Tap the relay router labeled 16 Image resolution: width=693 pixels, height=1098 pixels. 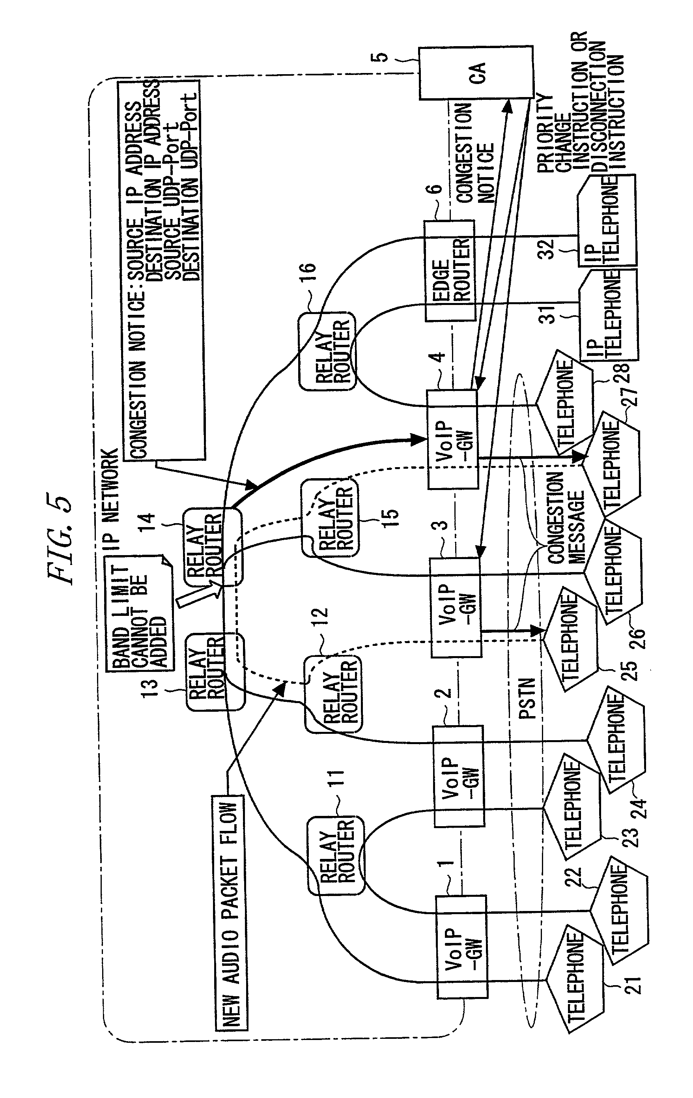pyautogui.click(x=327, y=351)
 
